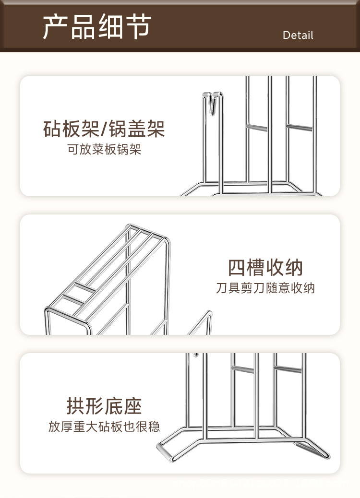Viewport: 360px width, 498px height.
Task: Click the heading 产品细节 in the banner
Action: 96,26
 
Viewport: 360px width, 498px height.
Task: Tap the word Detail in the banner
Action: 298,36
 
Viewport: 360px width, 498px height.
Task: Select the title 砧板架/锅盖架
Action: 104,129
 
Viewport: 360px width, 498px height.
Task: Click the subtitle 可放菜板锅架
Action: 104,150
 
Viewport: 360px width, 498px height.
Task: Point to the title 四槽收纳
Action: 265,268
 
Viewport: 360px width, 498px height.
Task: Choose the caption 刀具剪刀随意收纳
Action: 265,288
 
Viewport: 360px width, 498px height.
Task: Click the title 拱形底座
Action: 104,406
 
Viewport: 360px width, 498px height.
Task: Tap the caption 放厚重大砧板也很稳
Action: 104,427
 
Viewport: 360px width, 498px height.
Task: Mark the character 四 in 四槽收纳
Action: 237,268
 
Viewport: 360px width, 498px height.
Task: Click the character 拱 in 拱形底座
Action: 76,406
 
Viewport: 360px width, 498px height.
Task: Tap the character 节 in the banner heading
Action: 139,26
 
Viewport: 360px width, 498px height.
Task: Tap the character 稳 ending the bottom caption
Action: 154,427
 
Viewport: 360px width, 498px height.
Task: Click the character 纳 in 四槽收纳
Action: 293,268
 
